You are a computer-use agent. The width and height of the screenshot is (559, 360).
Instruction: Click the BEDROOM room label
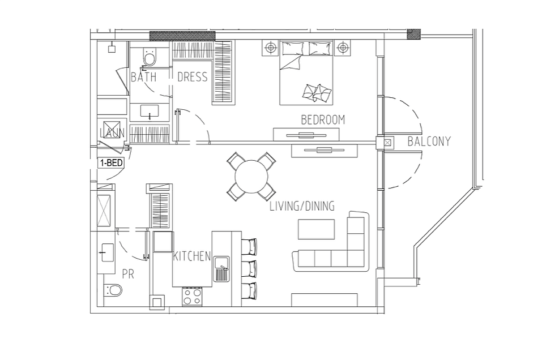[x=323, y=120]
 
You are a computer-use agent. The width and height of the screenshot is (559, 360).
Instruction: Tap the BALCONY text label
[x=429, y=142]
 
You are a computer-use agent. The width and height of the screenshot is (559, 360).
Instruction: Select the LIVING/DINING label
[x=302, y=206]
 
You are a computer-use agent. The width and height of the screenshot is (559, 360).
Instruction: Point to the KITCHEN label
[x=192, y=256]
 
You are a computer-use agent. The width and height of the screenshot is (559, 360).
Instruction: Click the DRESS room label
[x=192, y=77]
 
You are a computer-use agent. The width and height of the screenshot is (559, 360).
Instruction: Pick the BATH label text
[x=143, y=77]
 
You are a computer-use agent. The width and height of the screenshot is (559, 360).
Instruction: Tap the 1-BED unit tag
[x=111, y=163]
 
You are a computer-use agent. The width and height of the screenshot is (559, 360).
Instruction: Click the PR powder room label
[x=128, y=274]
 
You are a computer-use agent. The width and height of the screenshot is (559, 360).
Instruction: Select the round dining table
[x=251, y=177]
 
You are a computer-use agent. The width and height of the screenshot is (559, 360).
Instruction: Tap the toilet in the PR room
[x=113, y=290]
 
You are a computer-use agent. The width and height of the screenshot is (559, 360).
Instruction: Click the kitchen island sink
[x=221, y=268]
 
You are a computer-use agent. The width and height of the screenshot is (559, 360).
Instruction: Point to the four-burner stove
[x=192, y=297]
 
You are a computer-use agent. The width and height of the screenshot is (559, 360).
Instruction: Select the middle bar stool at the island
[x=249, y=269]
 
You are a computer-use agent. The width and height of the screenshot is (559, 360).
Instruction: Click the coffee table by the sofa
[x=317, y=229]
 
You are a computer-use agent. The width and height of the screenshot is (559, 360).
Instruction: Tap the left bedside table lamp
[x=271, y=48]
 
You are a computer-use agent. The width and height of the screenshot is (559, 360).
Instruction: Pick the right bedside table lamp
[x=342, y=48]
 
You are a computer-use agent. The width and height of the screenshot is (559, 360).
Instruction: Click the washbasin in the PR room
[x=107, y=252]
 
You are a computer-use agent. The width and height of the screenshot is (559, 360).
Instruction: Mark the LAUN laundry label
[x=113, y=133]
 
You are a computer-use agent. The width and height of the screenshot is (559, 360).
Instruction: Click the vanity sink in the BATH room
[x=150, y=112]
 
